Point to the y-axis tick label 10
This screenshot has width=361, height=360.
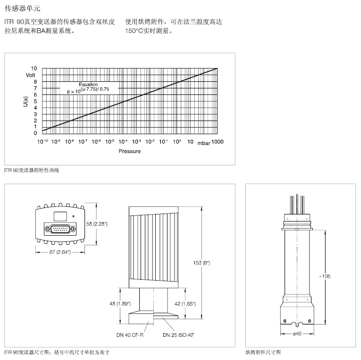click(34, 69)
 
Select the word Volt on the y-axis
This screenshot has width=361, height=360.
click(31, 75)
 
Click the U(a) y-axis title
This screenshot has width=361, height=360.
click(26, 101)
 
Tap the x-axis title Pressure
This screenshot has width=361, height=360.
click(129, 151)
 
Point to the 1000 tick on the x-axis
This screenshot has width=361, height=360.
click(218, 142)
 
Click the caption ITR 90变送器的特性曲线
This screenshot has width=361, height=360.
click(32, 169)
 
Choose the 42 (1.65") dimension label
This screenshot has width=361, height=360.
click(185, 304)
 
